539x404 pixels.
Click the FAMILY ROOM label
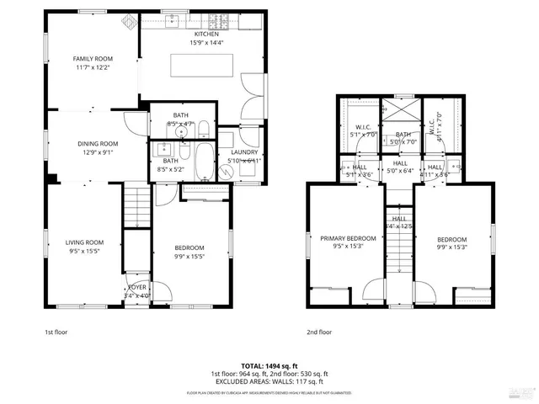pyautogui.click(x=92, y=58)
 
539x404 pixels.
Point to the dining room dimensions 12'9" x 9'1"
pyautogui.click(x=98, y=152)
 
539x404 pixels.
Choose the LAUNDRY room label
pyautogui.click(x=244, y=152)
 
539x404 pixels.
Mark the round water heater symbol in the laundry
pyautogui.click(x=225, y=169)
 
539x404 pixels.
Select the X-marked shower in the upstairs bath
pyautogui.click(x=397, y=110)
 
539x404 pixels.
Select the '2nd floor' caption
pyautogui.click(x=319, y=332)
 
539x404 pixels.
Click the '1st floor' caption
pyautogui.click(x=56, y=332)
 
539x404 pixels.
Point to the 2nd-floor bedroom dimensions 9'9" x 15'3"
pyautogui.click(x=452, y=247)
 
